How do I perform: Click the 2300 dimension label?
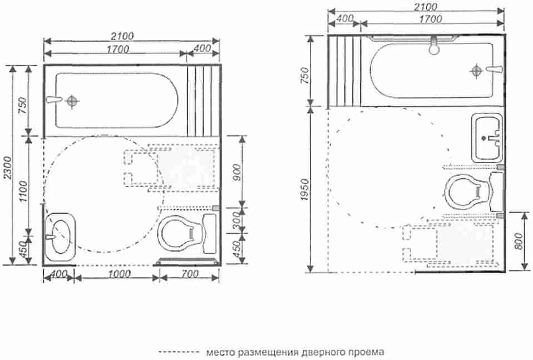coord(8,168)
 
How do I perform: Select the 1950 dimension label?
coord(305,190)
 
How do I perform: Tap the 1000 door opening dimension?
coord(121,274)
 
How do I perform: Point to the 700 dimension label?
coord(190,274)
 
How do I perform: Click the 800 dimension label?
coord(519,241)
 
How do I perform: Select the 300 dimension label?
coord(237,221)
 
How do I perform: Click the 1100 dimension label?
coord(23,191)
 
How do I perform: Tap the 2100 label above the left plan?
coord(122,36)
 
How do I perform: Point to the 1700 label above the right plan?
coord(430,19)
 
